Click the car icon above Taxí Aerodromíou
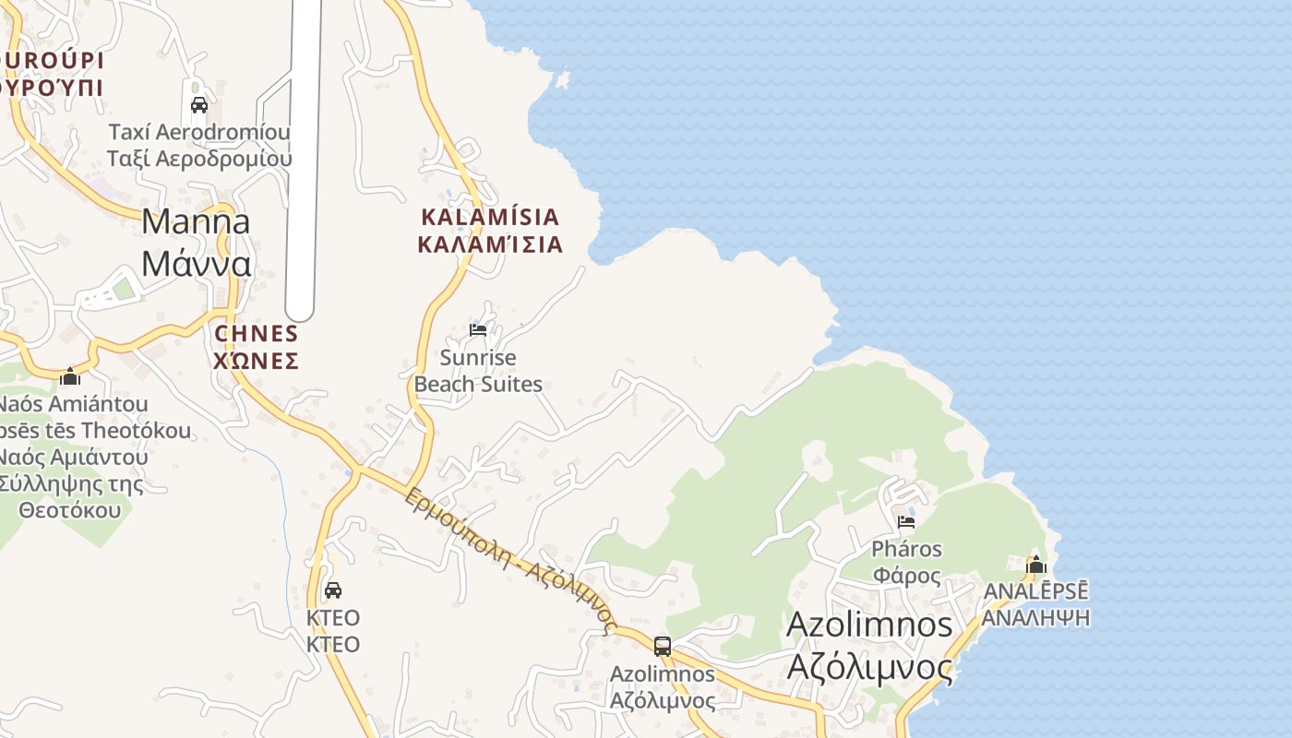[x=199, y=104]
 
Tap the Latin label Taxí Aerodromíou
[x=199, y=132]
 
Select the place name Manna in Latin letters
[x=196, y=221]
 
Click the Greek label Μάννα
[x=197, y=264]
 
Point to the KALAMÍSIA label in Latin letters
[x=490, y=217]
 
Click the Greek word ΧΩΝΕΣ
[x=256, y=360]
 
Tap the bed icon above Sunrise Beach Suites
[x=478, y=329]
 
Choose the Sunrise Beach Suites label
[x=478, y=370]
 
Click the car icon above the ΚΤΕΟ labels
[x=333, y=589]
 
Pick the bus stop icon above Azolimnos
[x=663, y=646]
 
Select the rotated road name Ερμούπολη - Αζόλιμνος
[x=510, y=559]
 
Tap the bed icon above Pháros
[x=906, y=521]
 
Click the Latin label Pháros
[x=907, y=549]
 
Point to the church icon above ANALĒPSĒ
[x=1035, y=565]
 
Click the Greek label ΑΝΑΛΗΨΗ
[x=1035, y=616]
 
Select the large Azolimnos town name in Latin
[x=869, y=625]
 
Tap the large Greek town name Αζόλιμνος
[x=869, y=666]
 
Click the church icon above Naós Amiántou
[x=70, y=376]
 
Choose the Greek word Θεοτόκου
[x=70, y=509]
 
